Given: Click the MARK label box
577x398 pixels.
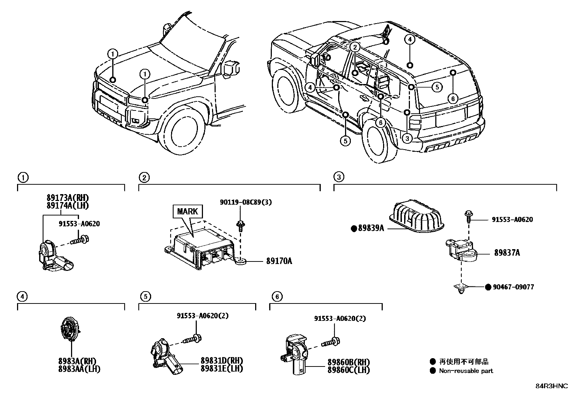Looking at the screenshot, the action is coord(187,211).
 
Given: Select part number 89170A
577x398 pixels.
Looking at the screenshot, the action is coord(279,261).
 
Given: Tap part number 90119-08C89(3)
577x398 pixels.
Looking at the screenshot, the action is coord(246,202).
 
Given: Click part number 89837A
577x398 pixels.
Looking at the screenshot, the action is coord(507,253).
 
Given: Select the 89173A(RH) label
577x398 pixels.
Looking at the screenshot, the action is coord(68,198).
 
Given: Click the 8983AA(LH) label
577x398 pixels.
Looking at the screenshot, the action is coord(79,369).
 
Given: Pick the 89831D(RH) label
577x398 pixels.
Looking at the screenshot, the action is coord(222,361).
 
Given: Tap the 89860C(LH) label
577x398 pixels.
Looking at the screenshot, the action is coord(349,370).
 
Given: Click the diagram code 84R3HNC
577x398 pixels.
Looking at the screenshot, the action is coord(552,386).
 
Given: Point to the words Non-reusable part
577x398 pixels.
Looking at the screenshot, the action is coord(466,371).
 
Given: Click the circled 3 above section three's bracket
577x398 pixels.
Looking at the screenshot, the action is coord(339,177).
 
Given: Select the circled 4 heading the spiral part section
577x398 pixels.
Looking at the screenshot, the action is coord(22,297).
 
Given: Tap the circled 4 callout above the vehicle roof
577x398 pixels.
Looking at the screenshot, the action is coord(410,39).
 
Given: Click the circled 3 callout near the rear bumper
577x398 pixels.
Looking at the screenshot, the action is coord(407,138).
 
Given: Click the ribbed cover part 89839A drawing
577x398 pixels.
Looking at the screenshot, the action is coord(416,216).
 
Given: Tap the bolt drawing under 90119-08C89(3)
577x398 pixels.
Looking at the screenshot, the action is coord(240,226).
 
